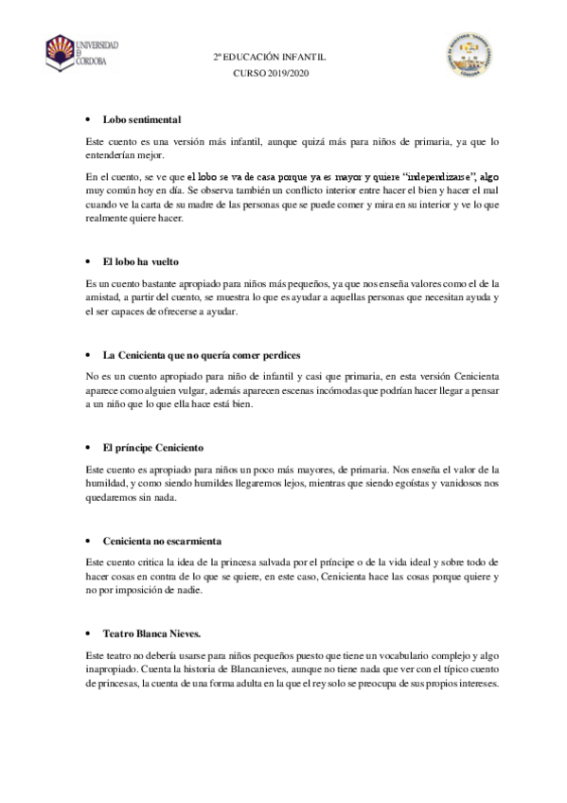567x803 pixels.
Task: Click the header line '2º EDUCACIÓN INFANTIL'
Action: pyautogui.click(x=270, y=57)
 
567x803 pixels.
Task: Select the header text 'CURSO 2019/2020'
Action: pyautogui.click(x=270, y=73)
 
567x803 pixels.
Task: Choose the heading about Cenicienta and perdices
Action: pyautogui.click(x=202, y=354)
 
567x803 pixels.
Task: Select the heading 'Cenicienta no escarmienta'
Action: pyautogui.click(x=162, y=541)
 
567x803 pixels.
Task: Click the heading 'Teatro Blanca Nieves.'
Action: pyautogui.click(x=151, y=633)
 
